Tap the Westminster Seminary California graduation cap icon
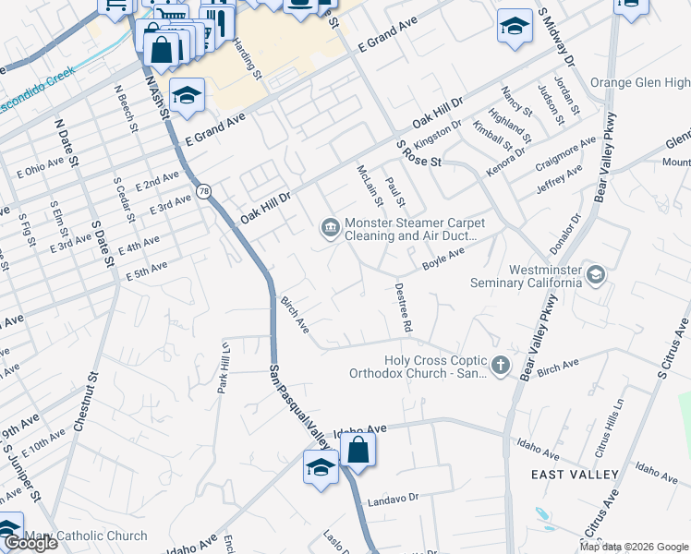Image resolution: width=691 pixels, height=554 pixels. [596, 274]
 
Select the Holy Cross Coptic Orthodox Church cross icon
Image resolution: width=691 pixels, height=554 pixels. [500, 367]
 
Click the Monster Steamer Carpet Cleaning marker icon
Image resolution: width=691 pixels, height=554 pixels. [329, 227]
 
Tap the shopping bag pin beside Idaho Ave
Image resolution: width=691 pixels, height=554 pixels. [358, 451]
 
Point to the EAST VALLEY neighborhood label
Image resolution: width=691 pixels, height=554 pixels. [575, 474]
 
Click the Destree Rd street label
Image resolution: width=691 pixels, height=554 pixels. [404, 307]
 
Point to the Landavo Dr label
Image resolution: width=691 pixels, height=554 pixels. [393, 499]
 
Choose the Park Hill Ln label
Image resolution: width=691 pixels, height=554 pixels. [223, 367]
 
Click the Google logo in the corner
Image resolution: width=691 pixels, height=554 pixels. [30, 543]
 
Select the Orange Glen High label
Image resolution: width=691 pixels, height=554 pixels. [639, 83]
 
